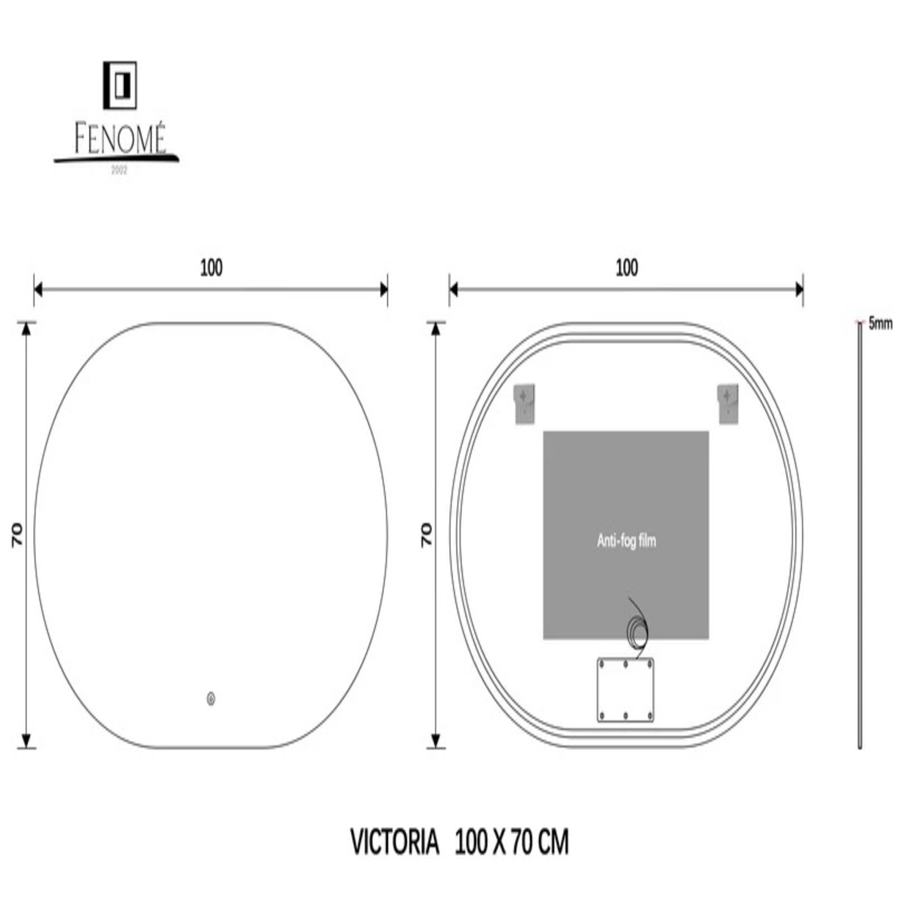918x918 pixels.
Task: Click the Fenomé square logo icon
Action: pos(120,85)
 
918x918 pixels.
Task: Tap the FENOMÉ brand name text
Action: pos(120,138)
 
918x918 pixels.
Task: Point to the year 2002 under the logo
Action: pos(119,170)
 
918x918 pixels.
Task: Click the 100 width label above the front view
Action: pos(211,268)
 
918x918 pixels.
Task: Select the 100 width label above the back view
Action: pos(626,268)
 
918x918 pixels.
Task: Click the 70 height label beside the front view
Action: pos(17,535)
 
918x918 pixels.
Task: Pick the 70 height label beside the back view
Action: pos(426,535)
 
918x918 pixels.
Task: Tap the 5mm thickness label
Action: pos(881,324)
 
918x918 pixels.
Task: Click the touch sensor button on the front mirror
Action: pos(211,699)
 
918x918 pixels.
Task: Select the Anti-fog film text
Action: pos(626,541)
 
